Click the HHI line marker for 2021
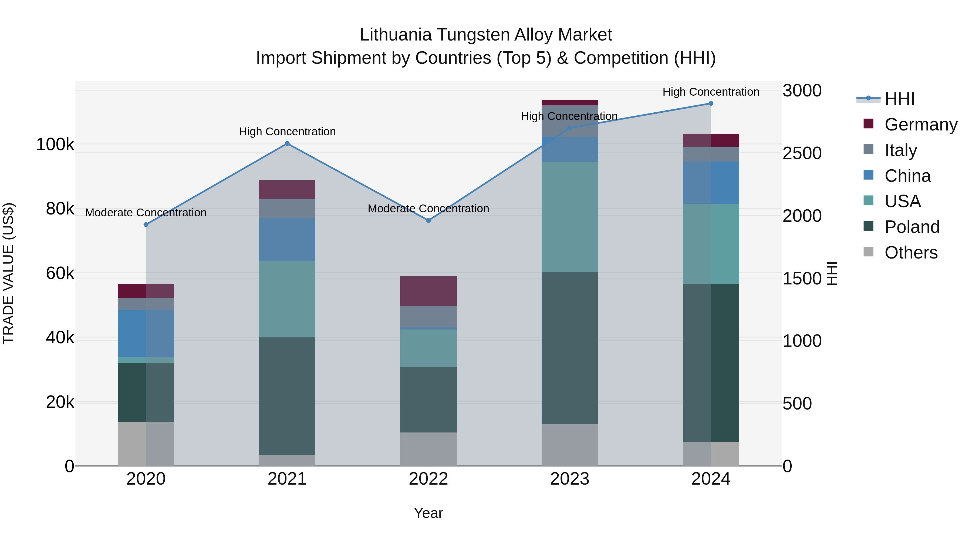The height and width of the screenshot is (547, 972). click(x=287, y=143)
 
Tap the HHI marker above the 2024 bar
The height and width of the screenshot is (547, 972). click(x=711, y=103)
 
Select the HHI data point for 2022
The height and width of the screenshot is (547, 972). click(x=428, y=220)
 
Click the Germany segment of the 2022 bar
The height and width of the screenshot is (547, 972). click(x=428, y=291)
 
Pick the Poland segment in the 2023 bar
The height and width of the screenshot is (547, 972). click(x=570, y=348)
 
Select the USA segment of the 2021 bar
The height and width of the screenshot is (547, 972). click(x=287, y=299)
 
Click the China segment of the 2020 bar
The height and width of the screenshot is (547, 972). click(x=146, y=333)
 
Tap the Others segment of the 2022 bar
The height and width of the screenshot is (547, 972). click(x=428, y=449)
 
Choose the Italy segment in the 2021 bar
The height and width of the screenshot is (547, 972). click(x=287, y=208)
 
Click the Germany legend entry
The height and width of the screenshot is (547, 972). click(x=921, y=125)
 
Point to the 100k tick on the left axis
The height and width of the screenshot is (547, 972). click(x=55, y=145)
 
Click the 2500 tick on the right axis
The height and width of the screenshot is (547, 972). click(x=802, y=153)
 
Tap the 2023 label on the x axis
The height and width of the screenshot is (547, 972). click(x=569, y=479)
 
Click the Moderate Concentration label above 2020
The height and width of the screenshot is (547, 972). click(x=146, y=213)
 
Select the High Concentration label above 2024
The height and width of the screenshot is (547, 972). click(x=711, y=92)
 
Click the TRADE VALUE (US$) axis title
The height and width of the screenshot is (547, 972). click(x=8, y=273)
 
